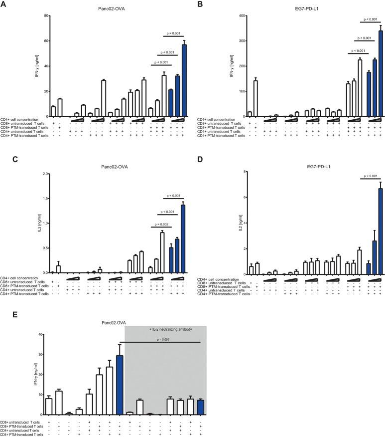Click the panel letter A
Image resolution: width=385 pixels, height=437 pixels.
pyautogui.click(x=3, y=4)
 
